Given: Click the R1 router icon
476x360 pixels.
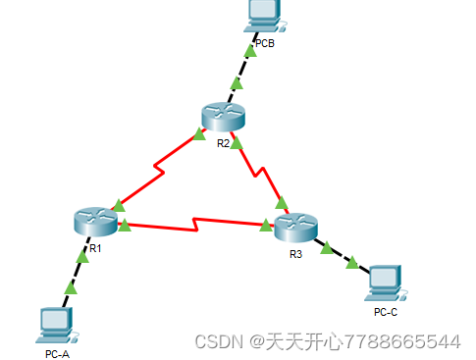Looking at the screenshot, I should click(94, 221).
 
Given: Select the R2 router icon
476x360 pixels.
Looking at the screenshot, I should click(223, 117).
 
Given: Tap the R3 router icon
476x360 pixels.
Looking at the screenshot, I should click(296, 229).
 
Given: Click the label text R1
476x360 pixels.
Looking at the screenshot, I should click(95, 248).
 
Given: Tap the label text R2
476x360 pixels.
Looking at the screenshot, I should click(223, 143).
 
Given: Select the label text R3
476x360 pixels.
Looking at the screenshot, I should click(296, 254).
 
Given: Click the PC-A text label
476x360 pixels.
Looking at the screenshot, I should click(57, 353).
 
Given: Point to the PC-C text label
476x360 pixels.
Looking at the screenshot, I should click(386, 312).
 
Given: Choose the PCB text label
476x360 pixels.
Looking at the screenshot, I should click(265, 43).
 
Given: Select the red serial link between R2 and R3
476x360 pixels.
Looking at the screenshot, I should click(260, 173).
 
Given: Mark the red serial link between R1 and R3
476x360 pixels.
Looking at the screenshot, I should click(196, 225).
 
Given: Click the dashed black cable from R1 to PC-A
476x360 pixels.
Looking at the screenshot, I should click(79, 270).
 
